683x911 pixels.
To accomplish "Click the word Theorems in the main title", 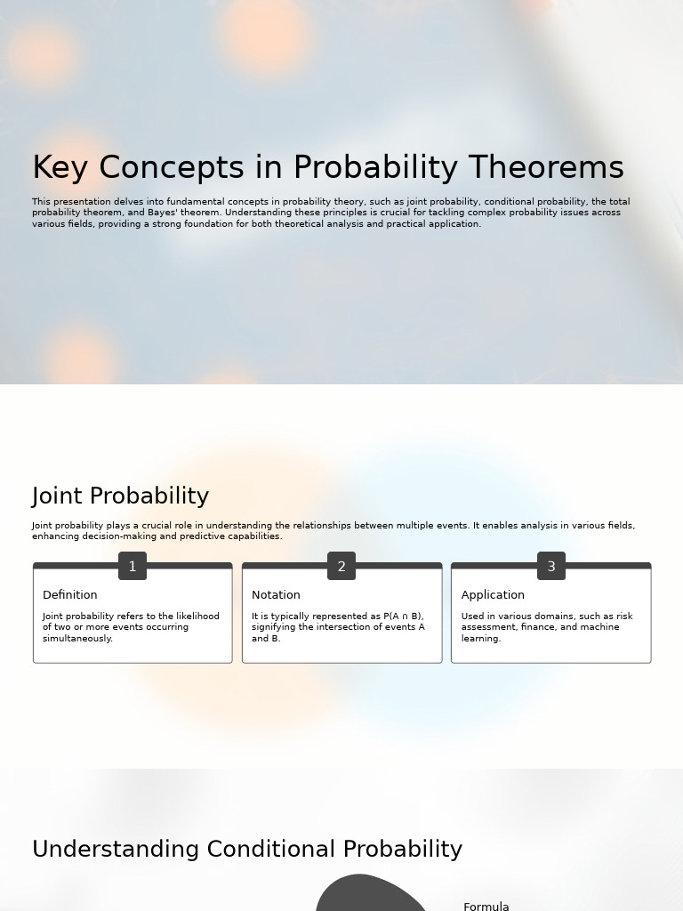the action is tap(545, 167).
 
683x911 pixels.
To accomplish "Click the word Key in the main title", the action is tap(60, 168).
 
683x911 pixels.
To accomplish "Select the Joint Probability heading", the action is tap(120, 496).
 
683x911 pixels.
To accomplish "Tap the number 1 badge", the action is tap(133, 566).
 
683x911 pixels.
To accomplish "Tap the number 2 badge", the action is tap(341, 566).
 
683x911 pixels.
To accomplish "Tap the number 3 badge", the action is tap(551, 566).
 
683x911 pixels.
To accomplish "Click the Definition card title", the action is tap(69, 595).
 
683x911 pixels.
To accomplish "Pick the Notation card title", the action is tap(276, 595).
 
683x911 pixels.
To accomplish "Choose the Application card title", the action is tap(493, 595).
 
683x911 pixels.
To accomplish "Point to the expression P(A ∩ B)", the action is tap(403, 616).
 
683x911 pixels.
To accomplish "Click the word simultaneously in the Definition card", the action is tap(77, 639).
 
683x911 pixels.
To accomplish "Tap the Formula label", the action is tap(486, 907).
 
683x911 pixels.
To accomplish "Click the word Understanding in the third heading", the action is tap(117, 850).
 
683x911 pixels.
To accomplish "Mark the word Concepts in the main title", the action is tap(172, 168).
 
